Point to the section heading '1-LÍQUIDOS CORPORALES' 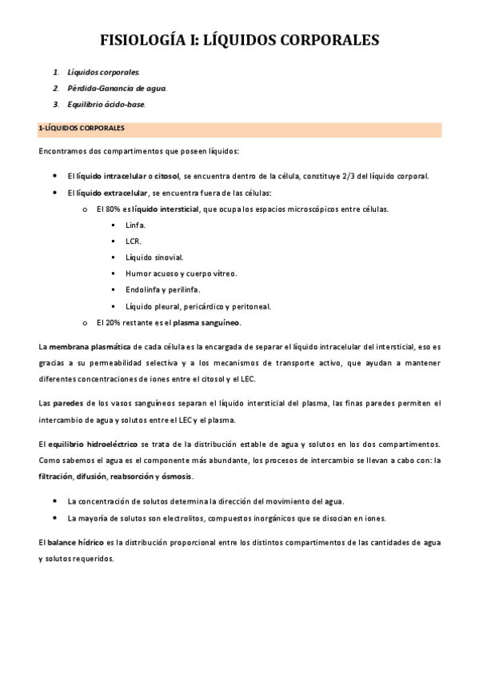tap(81, 128)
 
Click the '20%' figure tap(114, 322)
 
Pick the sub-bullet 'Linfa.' tap(135, 225)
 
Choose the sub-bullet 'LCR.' tap(134, 241)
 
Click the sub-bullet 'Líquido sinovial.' tap(154, 257)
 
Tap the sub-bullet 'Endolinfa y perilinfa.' tap(163, 289)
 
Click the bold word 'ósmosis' tap(175, 477)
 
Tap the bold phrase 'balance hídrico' tap(76, 542)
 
